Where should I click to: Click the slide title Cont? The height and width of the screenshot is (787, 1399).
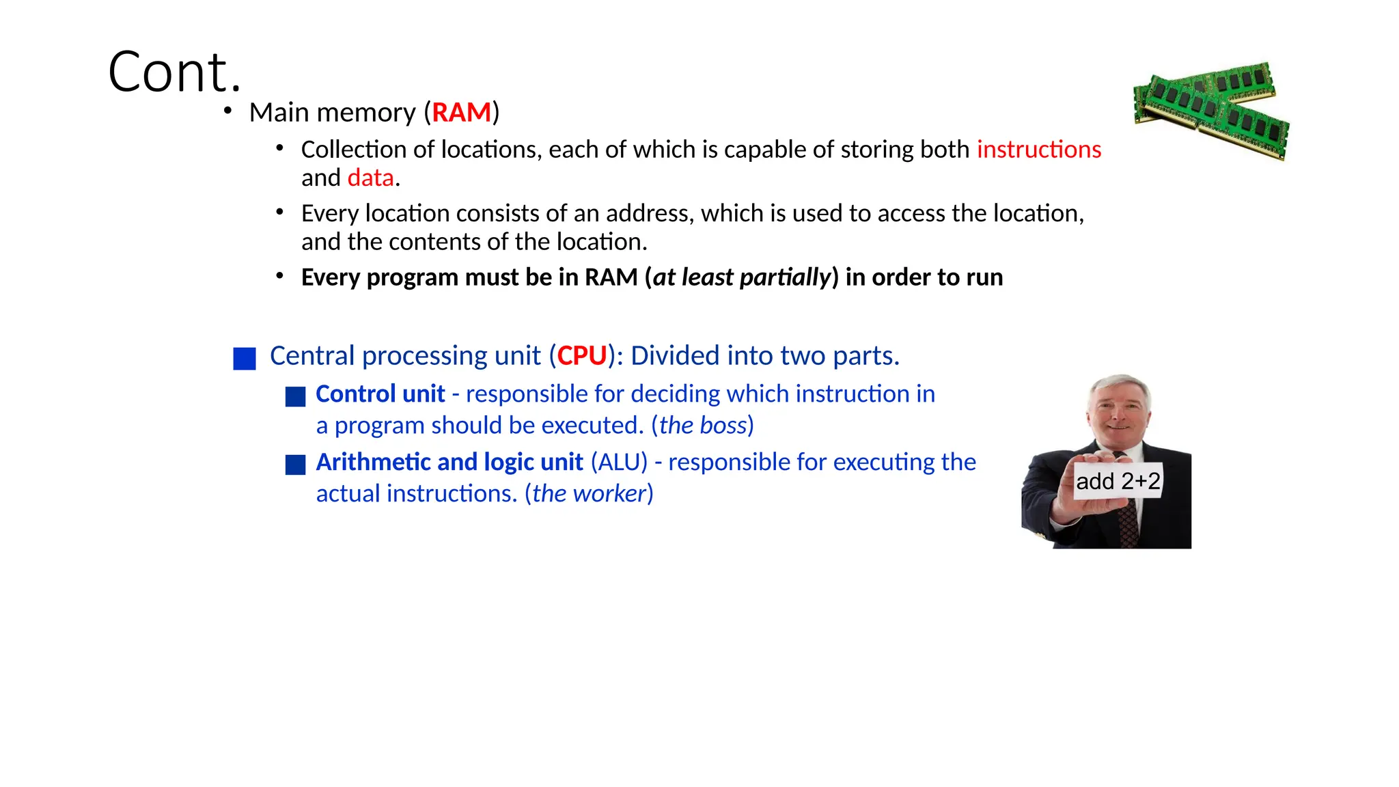[175, 72]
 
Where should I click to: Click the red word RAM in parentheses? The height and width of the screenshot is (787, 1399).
[461, 113]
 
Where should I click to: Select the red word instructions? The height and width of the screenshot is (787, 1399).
[1038, 150]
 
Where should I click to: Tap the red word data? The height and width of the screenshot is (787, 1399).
[370, 178]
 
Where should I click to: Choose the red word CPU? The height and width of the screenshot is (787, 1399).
[582, 356]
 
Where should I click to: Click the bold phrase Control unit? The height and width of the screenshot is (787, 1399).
[380, 394]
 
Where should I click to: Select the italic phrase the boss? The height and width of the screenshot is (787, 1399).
[703, 426]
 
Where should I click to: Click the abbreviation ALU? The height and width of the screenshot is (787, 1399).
[619, 462]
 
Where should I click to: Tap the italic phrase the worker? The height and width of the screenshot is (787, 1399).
[589, 494]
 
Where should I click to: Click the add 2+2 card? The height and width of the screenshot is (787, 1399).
[1118, 481]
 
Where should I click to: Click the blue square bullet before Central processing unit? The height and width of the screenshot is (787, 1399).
[245, 359]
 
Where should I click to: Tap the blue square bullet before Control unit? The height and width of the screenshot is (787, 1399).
[295, 397]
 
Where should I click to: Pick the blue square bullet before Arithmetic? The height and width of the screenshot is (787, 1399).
[295, 465]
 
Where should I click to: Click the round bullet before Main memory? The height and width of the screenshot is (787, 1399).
[228, 111]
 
